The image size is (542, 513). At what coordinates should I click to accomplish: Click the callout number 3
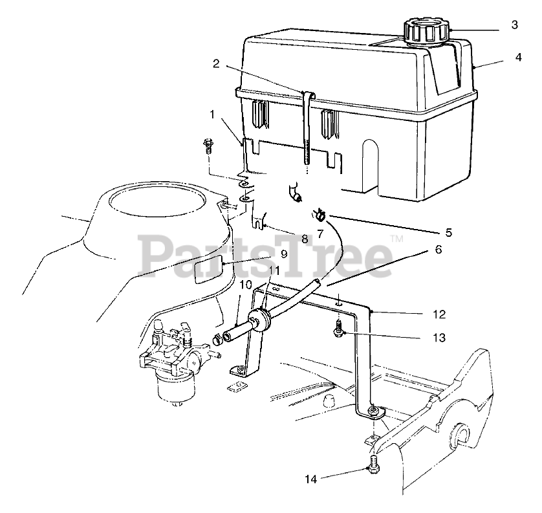[514, 26]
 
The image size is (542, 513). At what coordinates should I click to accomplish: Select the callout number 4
[519, 57]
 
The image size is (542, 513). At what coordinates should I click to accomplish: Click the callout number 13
[440, 338]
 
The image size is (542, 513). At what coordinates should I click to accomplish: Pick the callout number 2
[216, 63]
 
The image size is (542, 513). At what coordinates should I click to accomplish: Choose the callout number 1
[211, 115]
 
